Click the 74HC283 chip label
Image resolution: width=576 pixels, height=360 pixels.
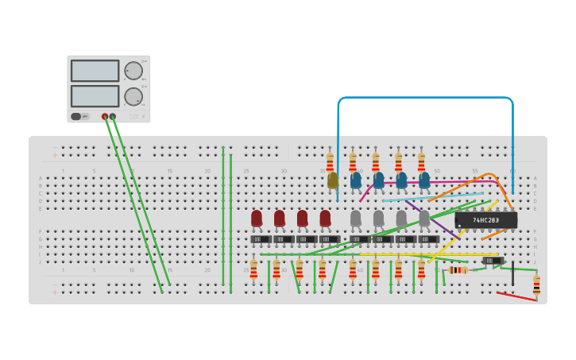[x=485, y=220]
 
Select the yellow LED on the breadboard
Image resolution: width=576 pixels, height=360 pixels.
[x=333, y=180]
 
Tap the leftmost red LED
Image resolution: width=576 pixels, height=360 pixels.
[x=257, y=217]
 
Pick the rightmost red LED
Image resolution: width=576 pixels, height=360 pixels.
[x=325, y=217]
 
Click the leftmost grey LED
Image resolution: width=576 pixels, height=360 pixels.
[x=356, y=217]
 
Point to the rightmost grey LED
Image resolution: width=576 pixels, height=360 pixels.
[x=424, y=217]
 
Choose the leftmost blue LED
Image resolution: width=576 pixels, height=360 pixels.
[x=356, y=180]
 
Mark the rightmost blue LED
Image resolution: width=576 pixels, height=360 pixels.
[x=424, y=180]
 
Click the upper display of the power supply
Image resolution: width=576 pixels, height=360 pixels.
[x=95, y=71]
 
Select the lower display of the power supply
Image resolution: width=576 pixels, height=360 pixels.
[x=95, y=96]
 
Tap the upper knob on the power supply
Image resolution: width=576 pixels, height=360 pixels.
[x=133, y=71]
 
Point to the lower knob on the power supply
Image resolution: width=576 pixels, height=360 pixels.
[x=133, y=97]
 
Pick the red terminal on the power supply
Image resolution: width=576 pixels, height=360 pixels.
[x=105, y=117]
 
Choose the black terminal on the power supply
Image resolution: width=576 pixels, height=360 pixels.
[x=113, y=117]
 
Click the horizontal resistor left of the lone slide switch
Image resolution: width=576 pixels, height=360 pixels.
[x=458, y=270]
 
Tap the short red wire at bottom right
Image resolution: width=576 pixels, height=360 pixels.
[x=516, y=296]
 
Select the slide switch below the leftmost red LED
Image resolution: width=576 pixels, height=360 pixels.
[x=261, y=239]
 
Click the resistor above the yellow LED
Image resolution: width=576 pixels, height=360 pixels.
[x=330, y=163]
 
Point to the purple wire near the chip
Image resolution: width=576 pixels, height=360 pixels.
[x=433, y=219]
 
